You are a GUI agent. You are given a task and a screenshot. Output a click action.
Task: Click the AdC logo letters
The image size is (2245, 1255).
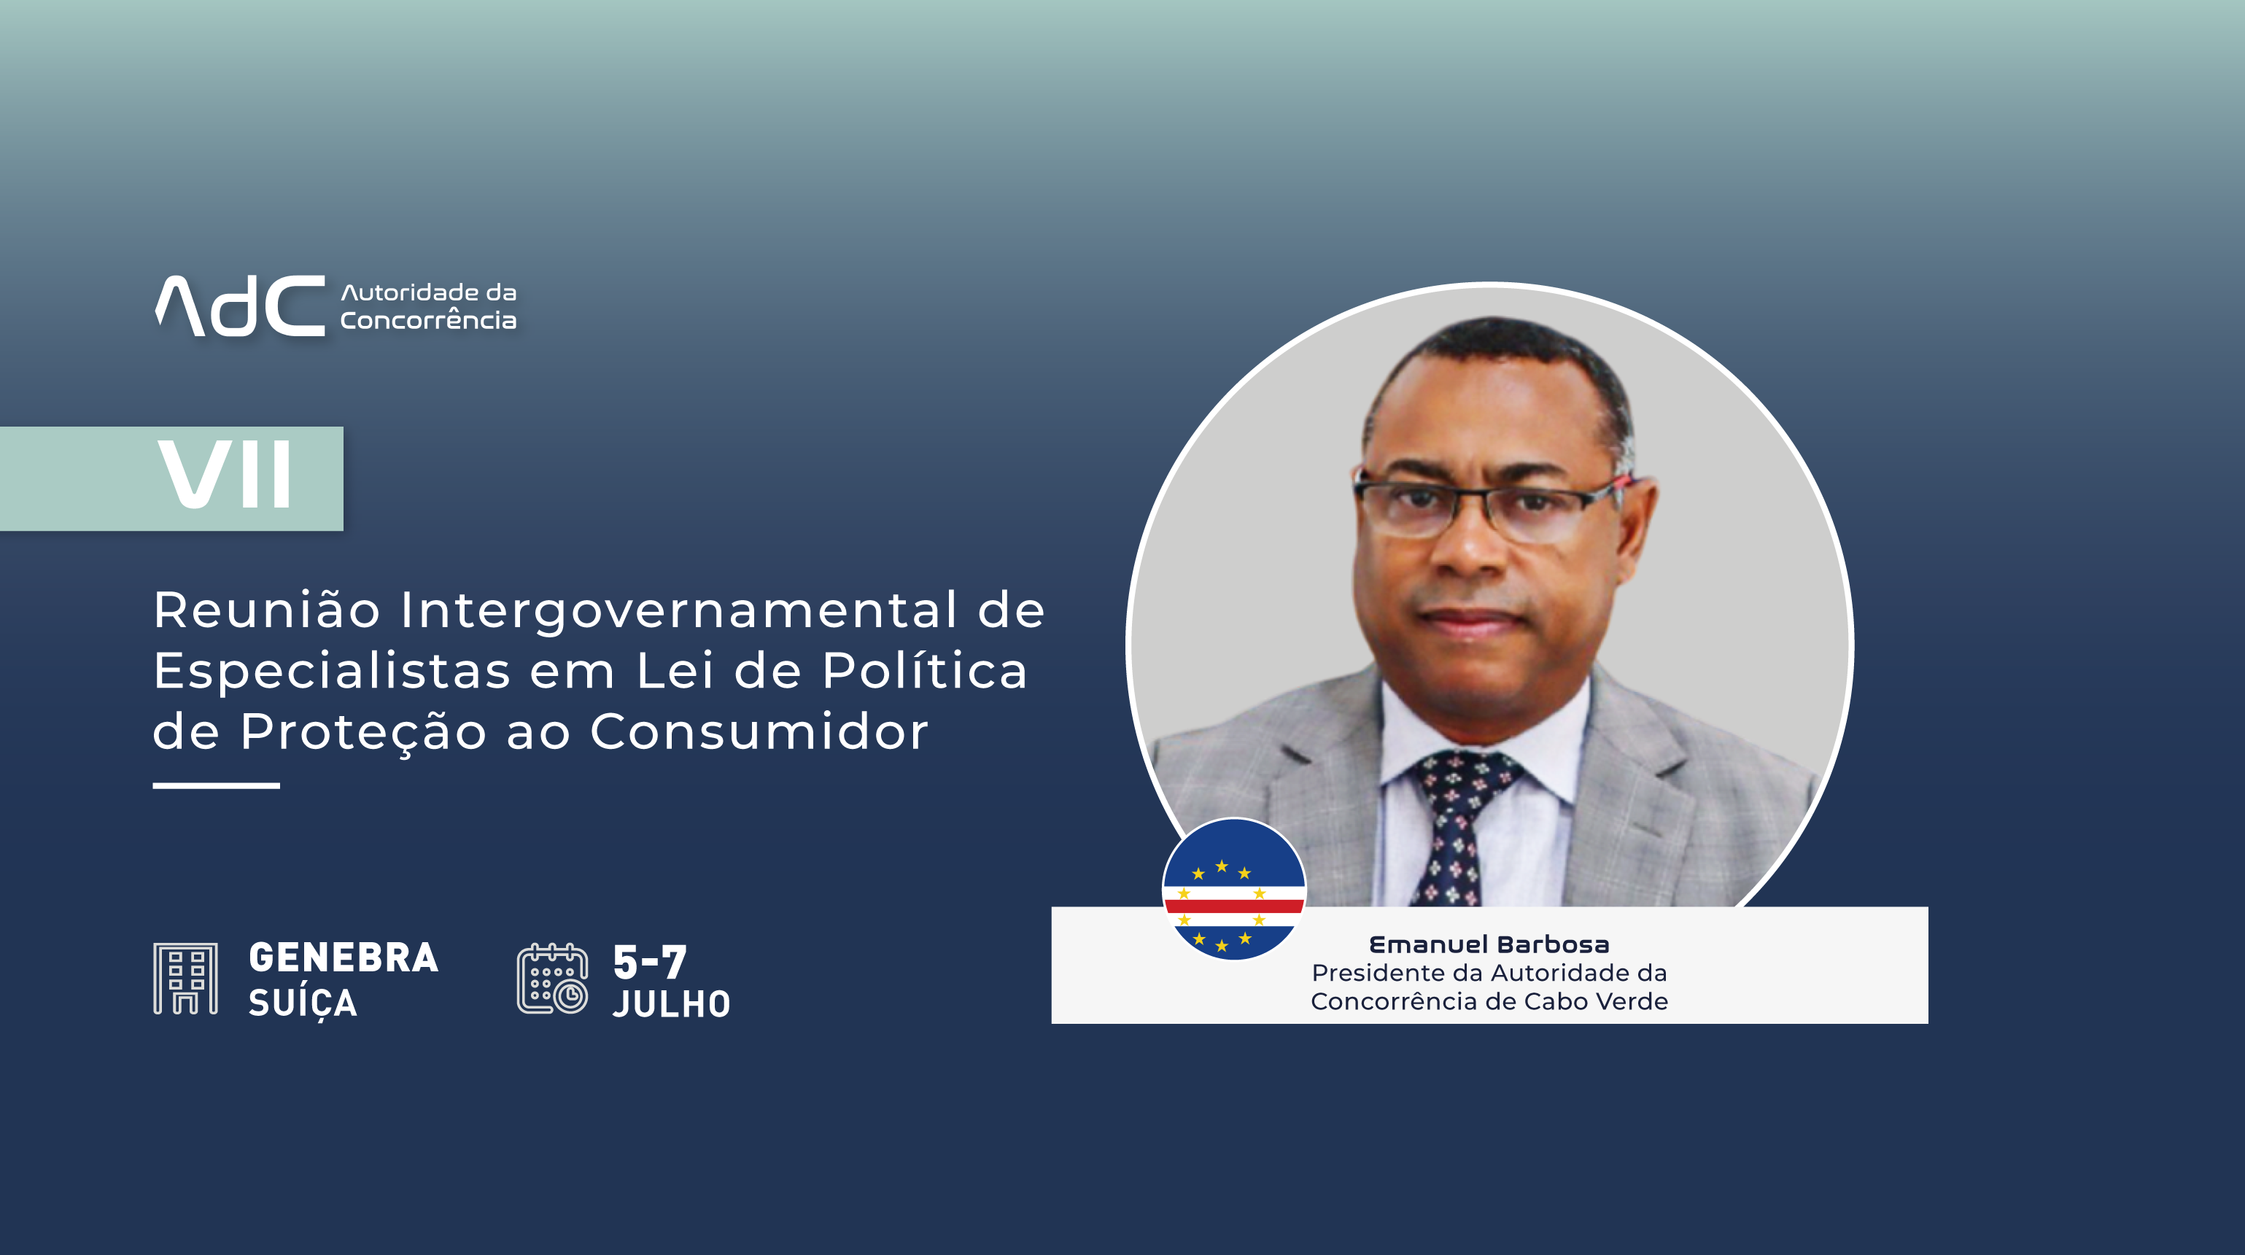241,306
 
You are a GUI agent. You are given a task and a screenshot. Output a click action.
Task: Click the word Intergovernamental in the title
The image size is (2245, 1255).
679,610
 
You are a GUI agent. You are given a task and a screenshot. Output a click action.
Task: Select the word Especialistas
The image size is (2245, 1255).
332,671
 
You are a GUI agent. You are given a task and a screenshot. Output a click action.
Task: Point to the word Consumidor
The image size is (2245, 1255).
759,731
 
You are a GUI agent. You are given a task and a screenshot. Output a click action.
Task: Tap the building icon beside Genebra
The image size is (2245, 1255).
186,978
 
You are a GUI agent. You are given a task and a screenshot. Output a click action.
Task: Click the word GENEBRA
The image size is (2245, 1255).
344,957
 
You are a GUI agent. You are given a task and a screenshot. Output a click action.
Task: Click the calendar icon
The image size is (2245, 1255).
553,979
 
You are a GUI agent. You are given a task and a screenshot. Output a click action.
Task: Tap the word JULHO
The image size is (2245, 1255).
672,1004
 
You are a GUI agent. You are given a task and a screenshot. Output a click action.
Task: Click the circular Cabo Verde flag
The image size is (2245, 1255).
1234,889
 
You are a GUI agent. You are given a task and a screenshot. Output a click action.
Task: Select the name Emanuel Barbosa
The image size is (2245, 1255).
1489,945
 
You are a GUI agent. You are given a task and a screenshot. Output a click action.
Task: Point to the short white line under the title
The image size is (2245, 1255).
216,786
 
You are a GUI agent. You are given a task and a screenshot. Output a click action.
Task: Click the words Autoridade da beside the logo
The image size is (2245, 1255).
429,293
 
